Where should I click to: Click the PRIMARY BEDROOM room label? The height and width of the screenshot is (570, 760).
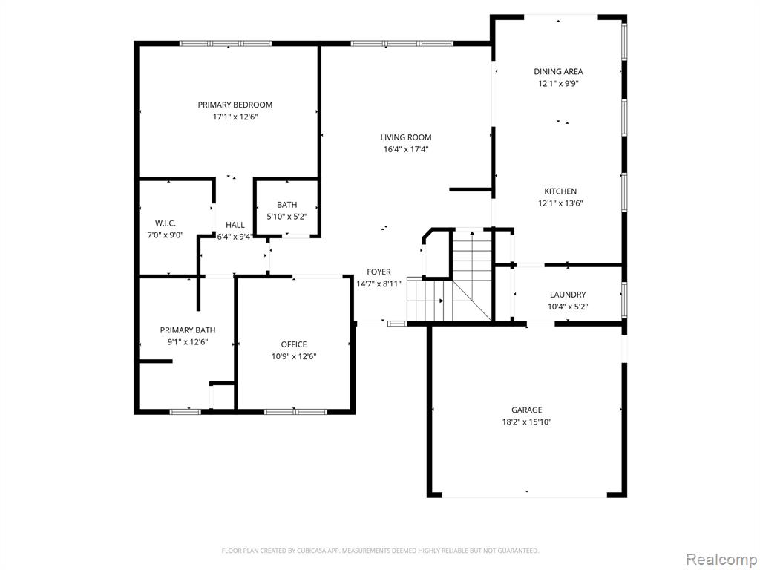coord(235,105)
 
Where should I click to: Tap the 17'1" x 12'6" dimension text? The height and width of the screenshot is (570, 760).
coord(235,117)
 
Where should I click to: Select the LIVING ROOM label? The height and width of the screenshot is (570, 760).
coord(406,137)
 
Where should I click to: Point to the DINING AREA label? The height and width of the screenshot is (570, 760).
coord(558,71)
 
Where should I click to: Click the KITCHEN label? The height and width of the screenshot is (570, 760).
coord(560,191)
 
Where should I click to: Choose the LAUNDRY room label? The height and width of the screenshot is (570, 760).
coord(568,295)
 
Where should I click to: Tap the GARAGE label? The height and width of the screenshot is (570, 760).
coord(527,410)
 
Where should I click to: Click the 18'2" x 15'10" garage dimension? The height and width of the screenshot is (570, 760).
coord(527,422)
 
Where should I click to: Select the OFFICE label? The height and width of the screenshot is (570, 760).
coord(294,344)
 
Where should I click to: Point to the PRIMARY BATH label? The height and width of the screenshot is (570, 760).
coord(188,330)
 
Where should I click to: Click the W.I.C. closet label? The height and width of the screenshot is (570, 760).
coord(166,223)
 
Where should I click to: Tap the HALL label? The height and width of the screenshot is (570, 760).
coord(235,225)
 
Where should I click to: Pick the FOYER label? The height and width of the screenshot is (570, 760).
coord(379,272)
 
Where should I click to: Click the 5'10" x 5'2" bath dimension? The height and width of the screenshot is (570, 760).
coord(287,217)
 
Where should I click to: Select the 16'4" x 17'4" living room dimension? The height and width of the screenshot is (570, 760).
coord(406,149)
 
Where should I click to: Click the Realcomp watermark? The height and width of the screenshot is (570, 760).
coord(721,559)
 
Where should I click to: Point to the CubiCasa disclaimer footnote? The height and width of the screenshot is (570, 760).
coord(381,551)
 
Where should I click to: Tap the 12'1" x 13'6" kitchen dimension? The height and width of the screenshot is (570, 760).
coord(560,203)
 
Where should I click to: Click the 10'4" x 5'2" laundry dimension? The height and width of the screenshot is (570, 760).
coord(568,307)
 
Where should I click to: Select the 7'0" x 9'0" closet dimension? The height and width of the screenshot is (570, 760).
coord(166,235)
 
